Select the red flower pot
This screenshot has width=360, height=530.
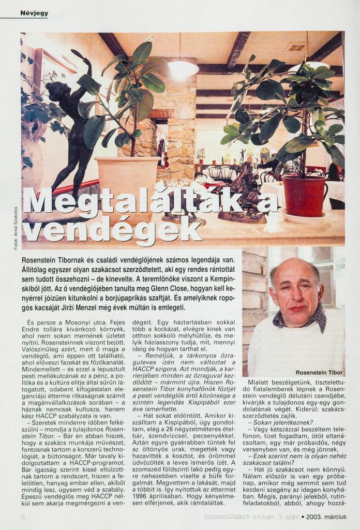[x=304, y=195]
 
